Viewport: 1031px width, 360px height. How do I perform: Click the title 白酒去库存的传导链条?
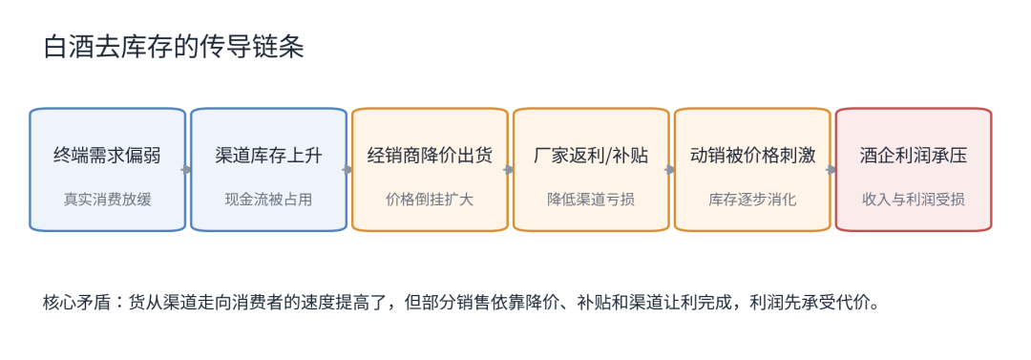[x=175, y=48]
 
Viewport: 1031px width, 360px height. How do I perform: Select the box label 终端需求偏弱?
[x=107, y=156]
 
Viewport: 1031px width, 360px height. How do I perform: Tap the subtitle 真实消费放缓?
[x=107, y=200]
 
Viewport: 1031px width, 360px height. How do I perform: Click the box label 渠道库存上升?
[x=268, y=156]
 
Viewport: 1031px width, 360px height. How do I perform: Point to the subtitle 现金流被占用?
[x=268, y=200]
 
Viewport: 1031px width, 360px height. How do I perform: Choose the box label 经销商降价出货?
[x=430, y=156]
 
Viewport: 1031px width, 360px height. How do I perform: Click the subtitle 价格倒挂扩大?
[x=430, y=200]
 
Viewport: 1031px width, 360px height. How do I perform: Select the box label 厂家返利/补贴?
[x=591, y=156]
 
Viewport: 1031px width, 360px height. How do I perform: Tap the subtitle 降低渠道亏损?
[x=591, y=200]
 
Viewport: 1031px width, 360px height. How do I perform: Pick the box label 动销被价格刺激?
[x=752, y=156]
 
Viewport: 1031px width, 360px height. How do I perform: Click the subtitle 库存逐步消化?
[x=752, y=200]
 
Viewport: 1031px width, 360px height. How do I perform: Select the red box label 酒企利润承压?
[x=914, y=156]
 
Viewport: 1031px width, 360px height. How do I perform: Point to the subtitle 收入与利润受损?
[x=914, y=200]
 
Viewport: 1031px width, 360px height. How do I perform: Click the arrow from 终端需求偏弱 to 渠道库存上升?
[x=187, y=170]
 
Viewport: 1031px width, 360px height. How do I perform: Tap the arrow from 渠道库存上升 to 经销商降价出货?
[x=347, y=170]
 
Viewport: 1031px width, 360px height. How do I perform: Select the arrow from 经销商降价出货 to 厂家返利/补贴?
[x=509, y=170]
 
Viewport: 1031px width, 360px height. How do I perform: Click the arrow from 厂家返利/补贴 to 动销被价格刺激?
[x=670, y=170]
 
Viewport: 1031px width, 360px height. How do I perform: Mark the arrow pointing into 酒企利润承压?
[x=831, y=170]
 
